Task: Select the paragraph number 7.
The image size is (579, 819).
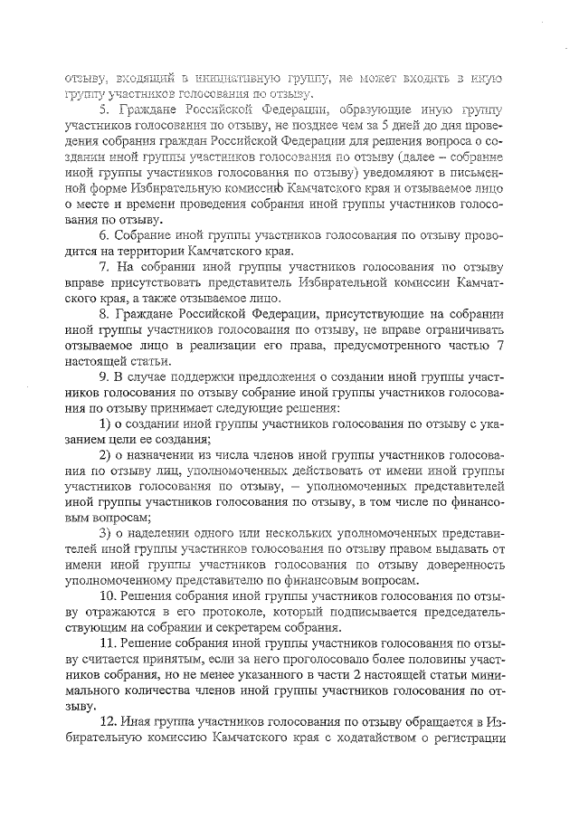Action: point(105,268)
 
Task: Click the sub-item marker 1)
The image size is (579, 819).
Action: point(104,425)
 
